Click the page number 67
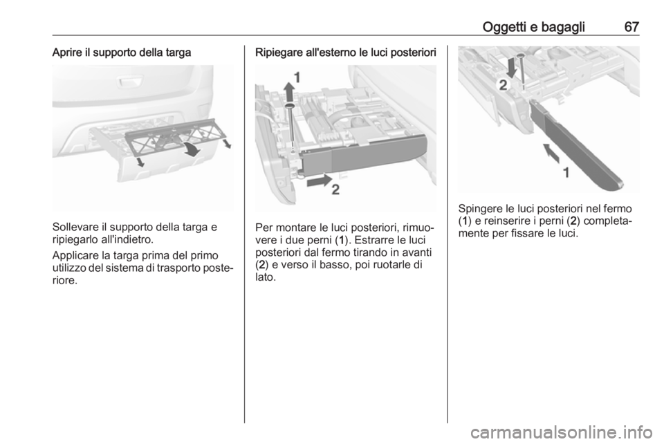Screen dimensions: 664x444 point(631,27)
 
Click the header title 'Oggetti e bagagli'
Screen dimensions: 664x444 point(533,28)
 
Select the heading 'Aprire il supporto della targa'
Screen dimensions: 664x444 point(122,53)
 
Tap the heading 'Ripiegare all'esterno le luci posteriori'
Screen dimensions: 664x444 point(346,53)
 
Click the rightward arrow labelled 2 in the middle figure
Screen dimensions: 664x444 point(320,181)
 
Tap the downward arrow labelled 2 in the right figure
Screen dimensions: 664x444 point(513,67)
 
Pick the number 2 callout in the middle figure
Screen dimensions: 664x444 point(335,190)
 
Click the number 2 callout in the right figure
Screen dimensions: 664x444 point(503,86)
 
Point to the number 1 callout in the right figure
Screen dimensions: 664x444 point(566,173)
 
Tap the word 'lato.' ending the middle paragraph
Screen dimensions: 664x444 point(265,277)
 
